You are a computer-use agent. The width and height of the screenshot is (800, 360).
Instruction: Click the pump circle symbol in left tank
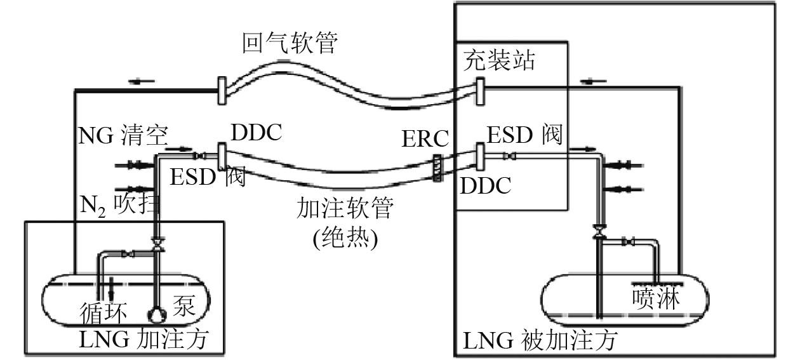[x=155, y=313]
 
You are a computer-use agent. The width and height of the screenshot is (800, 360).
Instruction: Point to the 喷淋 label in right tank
[x=655, y=298]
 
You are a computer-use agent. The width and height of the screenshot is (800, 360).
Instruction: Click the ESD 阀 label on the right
[x=524, y=135]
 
